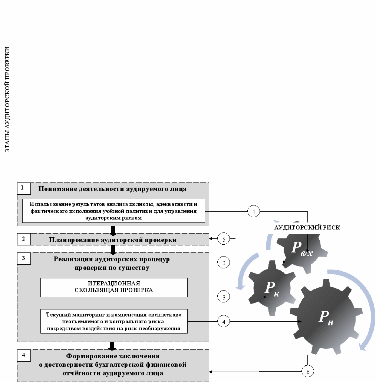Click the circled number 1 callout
(254, 212)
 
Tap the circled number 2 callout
(224, 262)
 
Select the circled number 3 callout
(224, 297)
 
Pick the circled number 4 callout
(224, 321)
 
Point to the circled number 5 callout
(224, 239)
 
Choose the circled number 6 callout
(308, 371)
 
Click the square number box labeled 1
(23, 188)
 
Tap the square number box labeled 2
(23, 239)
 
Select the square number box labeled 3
(23, 258)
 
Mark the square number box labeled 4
(23, 355)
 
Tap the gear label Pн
(326, 318)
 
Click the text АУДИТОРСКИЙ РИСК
(307, 228)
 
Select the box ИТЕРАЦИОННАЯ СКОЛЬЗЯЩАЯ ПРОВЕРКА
(114, 287)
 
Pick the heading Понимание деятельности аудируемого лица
(112, 189)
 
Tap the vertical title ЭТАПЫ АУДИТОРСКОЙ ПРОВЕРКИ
(7, 99)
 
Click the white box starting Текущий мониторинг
(114, 321)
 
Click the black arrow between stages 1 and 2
(113, 230)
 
